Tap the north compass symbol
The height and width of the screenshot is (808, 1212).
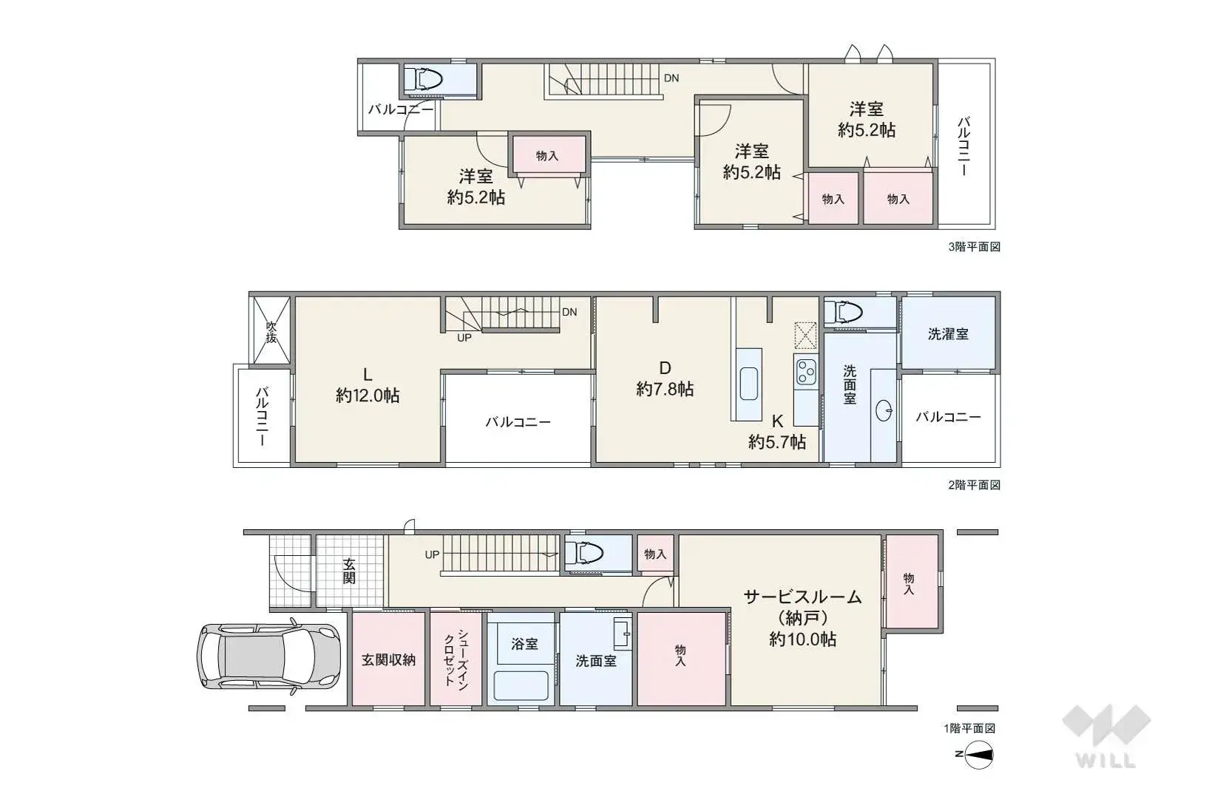(x=975, y=755)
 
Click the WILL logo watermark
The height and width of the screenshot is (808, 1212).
(x=1106, y=736)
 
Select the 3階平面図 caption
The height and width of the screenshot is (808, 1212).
(x=974, y=247)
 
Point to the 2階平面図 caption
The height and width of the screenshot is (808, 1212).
(x=974, y=485)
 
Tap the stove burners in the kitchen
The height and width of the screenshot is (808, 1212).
(x=805, y=371)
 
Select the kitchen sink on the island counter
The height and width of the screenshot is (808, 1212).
(x=749, y=384)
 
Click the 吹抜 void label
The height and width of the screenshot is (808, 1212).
(x=271, y=332)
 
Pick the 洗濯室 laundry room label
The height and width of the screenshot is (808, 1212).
(x=948, y=334)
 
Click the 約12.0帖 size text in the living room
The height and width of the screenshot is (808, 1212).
(x=368, y=396)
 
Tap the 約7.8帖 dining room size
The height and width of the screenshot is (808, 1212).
(x=665, y=389)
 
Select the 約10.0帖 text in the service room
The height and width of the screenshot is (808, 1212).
(x=803, y=639)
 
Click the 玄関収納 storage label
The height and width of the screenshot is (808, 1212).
(x=388, y=660)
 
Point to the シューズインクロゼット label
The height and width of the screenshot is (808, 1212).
(x=456, y=658)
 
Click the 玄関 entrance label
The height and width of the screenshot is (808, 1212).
(x=349, y=571)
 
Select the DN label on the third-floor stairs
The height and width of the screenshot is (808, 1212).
(x=671, y=78)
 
